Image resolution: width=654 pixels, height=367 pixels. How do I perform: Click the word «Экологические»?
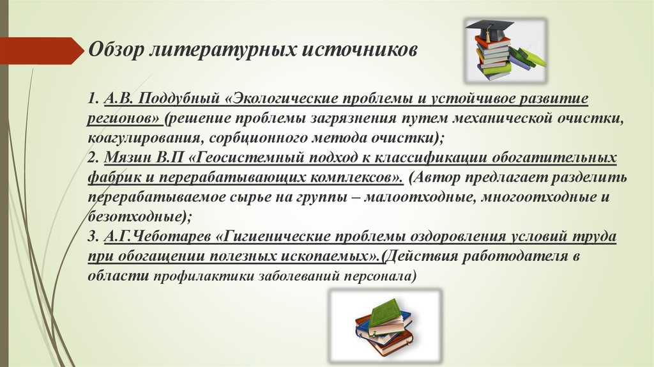tap(281, 100)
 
